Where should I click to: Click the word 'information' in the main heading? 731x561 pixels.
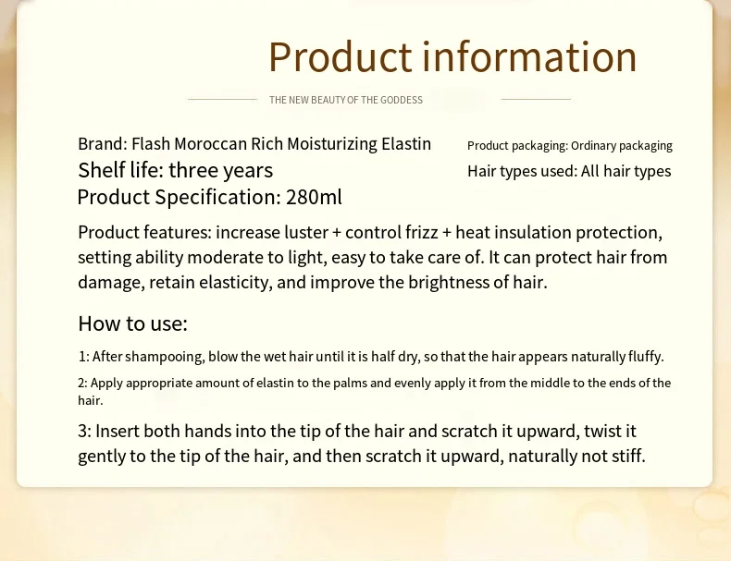(x=529, y=57)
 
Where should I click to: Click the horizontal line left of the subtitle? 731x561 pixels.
(x=222, y=99)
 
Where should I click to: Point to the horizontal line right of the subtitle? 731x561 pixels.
(x=536, y=99)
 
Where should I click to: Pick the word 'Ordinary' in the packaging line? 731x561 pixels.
(x=597, y=146)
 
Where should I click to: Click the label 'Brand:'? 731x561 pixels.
(x=102, y=144)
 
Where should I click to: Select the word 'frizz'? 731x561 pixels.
(x=415, y=232)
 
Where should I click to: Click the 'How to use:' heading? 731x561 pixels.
(x=132, y=323)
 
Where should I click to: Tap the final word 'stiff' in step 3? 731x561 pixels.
(x=625, y=456)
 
